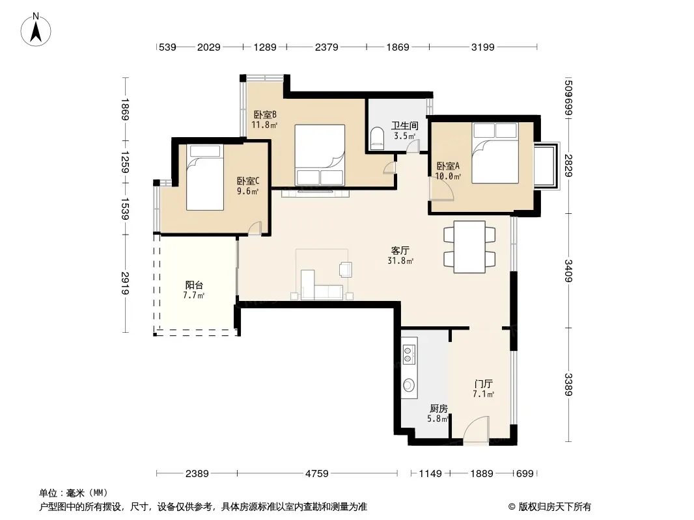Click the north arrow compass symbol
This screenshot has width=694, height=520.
(36, 30)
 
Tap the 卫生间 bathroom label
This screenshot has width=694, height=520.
(404, 125)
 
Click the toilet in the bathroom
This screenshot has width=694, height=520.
(378, 137)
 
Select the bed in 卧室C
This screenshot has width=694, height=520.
(204, 177)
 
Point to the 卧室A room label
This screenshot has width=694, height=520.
(448, 166)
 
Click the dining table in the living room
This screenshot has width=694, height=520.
(469, 247)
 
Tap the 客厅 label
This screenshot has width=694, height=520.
(400, 250)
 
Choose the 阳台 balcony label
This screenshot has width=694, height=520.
(194, 285)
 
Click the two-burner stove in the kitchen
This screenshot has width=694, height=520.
(408, 352)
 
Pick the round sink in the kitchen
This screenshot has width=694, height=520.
(408, 385)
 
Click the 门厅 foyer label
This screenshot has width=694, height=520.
(483, 383)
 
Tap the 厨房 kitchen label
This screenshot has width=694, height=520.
(438, 408)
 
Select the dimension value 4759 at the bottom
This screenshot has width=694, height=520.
(317, 474)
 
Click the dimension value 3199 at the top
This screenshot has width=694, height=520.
(482, 47)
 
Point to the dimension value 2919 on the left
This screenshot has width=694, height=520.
(126, 283)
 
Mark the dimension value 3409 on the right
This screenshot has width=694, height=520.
(568, 270)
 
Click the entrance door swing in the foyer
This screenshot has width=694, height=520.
(477, 428)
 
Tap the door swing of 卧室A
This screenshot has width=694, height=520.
(441, 188)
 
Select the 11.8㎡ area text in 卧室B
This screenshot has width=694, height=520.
(264, 125)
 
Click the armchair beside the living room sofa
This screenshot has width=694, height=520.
(345, 269)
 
